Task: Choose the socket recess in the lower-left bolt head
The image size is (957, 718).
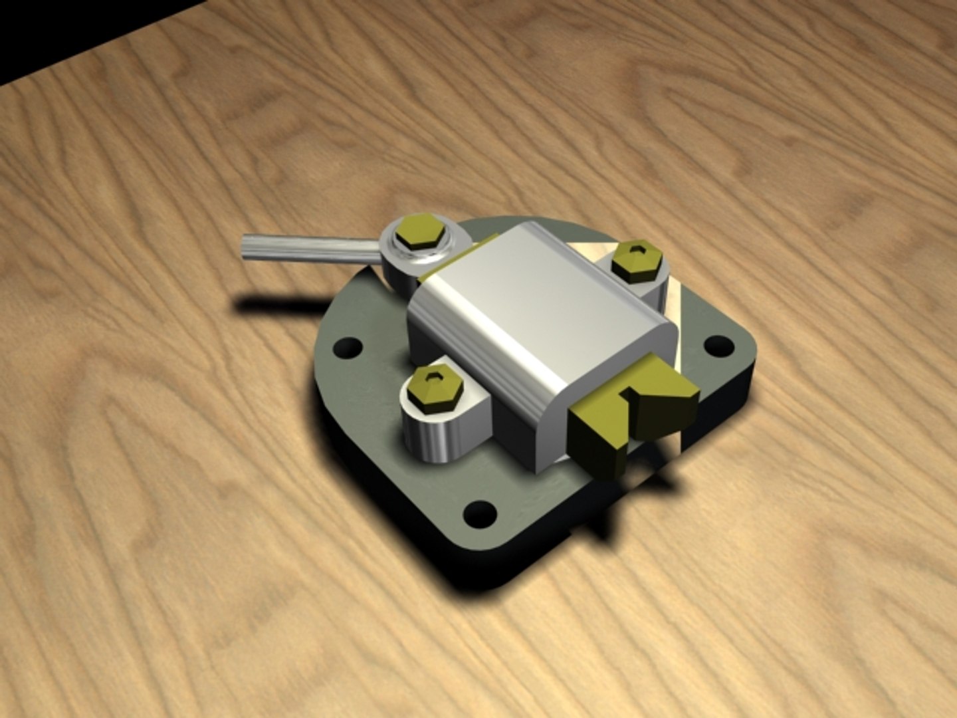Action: coord(434,378)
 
